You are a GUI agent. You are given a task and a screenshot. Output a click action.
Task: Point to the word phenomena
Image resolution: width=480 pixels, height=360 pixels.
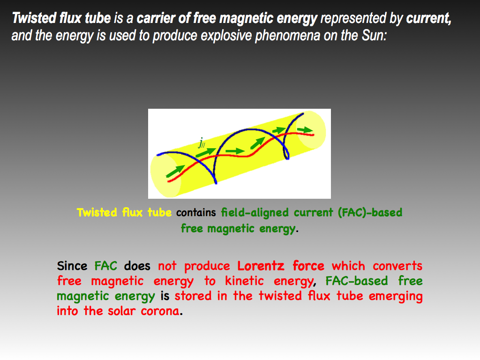pyautogui.click(x=287, y=36)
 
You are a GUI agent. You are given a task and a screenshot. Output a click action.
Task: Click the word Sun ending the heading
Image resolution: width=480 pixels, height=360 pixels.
pyautogui.click(x=374, y=36)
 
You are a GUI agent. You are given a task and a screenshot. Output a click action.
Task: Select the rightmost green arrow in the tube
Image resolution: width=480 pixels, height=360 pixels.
pyautogui.click(x=305, y=130)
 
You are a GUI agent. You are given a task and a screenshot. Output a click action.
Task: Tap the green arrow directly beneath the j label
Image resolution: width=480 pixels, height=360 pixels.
pyautogui.click(x=206, y=152)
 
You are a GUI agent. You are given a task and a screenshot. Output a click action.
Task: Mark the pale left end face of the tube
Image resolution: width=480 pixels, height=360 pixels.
pyautogui.click(x=165, y=175)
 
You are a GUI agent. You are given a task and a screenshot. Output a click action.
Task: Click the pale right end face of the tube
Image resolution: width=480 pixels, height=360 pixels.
pyautogui.click(x=312, y=130)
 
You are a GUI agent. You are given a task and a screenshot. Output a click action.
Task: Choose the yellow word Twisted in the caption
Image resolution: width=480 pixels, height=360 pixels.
pyautogui.click(x=97, y=212)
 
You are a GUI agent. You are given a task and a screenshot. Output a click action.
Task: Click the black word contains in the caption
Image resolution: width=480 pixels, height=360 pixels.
pyautogui.click(x=196, y=212)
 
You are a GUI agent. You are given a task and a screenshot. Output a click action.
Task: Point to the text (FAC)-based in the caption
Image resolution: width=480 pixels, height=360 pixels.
pyautogui.click(x=370, y=212)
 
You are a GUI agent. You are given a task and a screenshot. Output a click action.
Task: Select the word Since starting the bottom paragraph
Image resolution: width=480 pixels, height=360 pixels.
pyautogui.click(x=72, y=266)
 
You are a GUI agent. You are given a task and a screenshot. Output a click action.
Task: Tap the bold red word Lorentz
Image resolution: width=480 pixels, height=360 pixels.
pyautogui.click(x=261, y=266)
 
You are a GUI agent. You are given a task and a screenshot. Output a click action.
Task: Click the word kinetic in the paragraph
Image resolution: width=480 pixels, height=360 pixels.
pyautogui.click(x=244, y=281)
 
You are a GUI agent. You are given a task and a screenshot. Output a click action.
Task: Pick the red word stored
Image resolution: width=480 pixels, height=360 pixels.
pyautogui.click(x=193, y=296)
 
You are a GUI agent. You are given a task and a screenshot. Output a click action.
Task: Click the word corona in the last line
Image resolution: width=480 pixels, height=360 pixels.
pyautogui.click(x=160, y=311)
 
